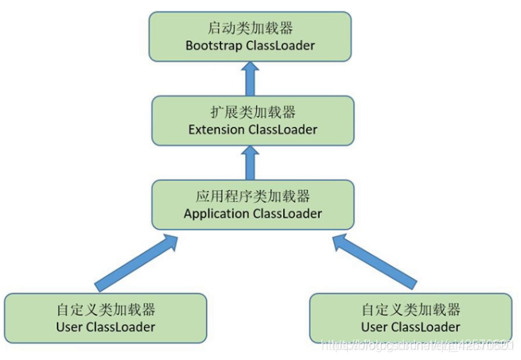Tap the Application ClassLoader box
[252, 204]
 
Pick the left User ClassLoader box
[105, 318]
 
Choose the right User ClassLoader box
[410, 318]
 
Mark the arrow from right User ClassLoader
[374, 260]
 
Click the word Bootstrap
[212, 46]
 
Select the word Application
[216, 214]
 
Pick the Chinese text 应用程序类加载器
[252, 195]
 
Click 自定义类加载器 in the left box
[106, 309]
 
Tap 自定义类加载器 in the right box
[410, 309]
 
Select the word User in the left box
[70, 327]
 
